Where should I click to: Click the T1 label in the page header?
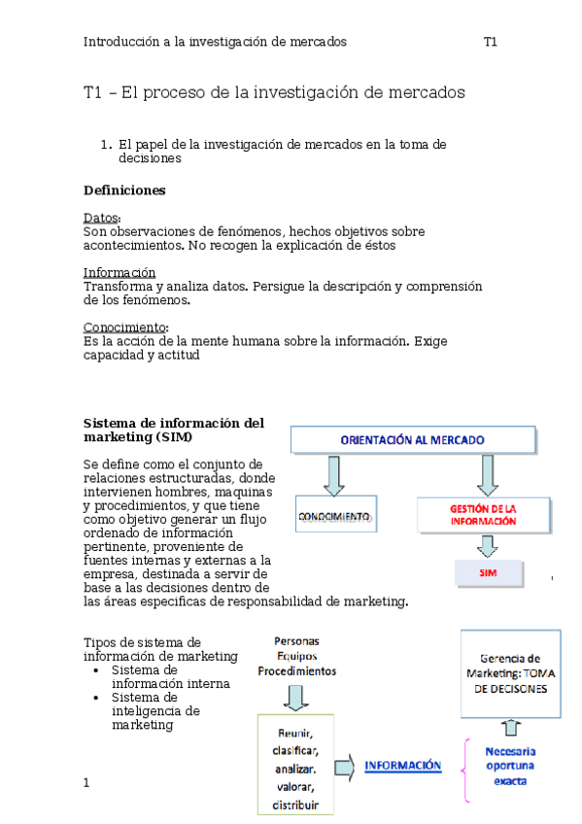click(x=491, y=42)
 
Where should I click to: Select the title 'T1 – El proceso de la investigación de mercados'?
click(x=274, y=93)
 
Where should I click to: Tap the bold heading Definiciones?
click(x=124, y=189)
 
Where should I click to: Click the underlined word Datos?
click(x=102, y=218)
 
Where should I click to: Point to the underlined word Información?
click(x=119, y=273)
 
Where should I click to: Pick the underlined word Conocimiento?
click(x=125, y=327)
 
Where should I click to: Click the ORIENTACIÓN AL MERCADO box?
click(x=413, y=440)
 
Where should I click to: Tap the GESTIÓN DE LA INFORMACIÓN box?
click(x=483, y=515)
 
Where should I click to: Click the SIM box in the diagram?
click(x=489, y=573)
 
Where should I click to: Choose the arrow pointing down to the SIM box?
click(x=488, y=546)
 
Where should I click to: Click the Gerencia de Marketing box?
click(x=510, y=673)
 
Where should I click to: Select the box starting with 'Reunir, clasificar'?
click(x=293, y=764)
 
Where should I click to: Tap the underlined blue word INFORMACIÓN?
click(x=402, y=766)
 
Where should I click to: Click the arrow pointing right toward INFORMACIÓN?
click(x=343, y=768)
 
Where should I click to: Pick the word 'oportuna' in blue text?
click(x=510, y=766)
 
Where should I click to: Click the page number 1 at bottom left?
click(x=86, y=781)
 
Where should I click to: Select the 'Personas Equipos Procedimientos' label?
click(x=297, y=656)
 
